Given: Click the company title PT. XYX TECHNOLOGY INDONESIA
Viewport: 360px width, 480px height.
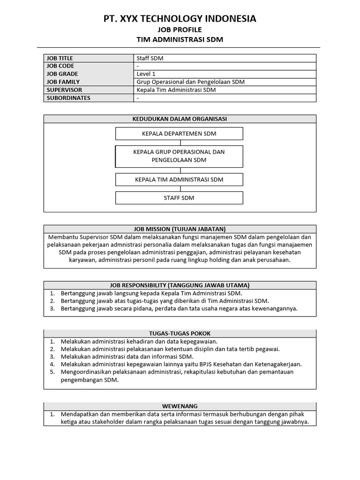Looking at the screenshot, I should point(180,19).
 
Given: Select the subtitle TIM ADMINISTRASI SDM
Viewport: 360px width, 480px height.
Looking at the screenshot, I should point(180,40).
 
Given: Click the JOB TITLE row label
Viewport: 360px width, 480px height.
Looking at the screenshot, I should point(60,58).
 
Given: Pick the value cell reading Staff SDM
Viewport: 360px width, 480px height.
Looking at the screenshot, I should point(150,58).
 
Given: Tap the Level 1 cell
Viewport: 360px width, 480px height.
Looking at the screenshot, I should point(146,74).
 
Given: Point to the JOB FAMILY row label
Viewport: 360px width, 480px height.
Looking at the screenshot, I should point(63,82).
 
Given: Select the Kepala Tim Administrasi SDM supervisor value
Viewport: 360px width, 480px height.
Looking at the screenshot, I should point(176,90).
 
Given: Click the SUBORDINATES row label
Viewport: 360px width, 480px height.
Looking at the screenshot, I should point(68,98).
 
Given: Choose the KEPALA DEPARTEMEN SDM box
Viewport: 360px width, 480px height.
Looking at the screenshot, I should point(179,134).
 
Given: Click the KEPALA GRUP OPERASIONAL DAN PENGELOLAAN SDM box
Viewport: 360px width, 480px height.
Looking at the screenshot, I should point(179,156).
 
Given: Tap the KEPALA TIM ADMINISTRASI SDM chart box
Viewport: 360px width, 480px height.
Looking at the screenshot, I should point(179,180).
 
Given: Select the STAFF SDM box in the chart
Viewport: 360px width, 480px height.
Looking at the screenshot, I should point(179,198).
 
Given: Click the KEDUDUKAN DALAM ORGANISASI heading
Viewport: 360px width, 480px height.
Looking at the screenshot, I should point(180,119).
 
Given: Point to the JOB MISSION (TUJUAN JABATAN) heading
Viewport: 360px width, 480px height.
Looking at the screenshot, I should point(180,229).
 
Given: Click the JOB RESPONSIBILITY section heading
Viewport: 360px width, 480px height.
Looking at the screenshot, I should point(180,285).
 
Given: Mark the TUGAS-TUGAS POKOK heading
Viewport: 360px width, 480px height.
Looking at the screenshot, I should point(180,333).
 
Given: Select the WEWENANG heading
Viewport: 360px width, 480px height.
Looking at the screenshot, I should point(180,406).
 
